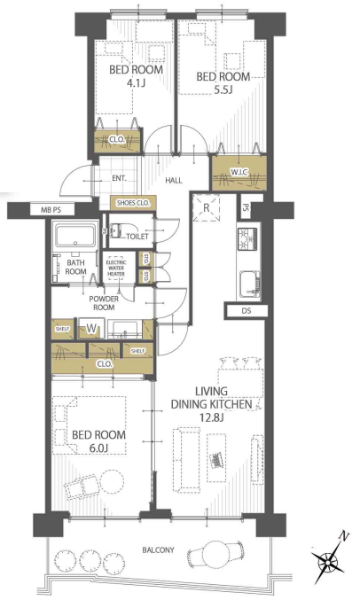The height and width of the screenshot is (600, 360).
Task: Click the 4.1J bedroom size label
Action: coord(136,82)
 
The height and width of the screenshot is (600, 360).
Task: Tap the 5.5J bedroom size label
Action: coord(223,90)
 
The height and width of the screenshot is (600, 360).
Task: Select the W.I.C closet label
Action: coord(239,173)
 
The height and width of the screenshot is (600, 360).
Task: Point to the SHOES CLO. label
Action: coord(133,203)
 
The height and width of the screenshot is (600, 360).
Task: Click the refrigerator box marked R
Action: coord(207,208)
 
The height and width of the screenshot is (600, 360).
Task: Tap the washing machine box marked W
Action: coord(91,328)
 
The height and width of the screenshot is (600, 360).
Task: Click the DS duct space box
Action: coord(247,311)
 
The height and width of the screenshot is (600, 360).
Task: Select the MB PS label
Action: coord(51,210)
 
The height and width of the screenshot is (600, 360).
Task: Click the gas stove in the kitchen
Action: coord(248,239)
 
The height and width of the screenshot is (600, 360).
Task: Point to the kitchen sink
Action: coord(250,284)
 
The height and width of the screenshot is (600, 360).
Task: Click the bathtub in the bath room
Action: coord(75,236)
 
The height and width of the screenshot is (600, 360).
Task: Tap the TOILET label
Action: coord(137,237)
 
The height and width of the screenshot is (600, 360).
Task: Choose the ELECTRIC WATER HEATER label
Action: coord(116,269)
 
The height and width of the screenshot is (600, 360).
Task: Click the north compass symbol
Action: coord(329,562)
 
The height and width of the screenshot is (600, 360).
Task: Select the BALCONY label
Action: coord(158,549)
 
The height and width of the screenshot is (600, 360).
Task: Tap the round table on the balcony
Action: coord(216,552)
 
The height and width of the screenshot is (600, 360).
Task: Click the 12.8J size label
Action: coord(211,417)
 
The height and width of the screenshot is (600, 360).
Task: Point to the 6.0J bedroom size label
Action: coord(98,448)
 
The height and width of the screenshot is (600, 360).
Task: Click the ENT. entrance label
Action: coord(119,178)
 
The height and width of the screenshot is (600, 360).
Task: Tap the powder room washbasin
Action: coord(124,330)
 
